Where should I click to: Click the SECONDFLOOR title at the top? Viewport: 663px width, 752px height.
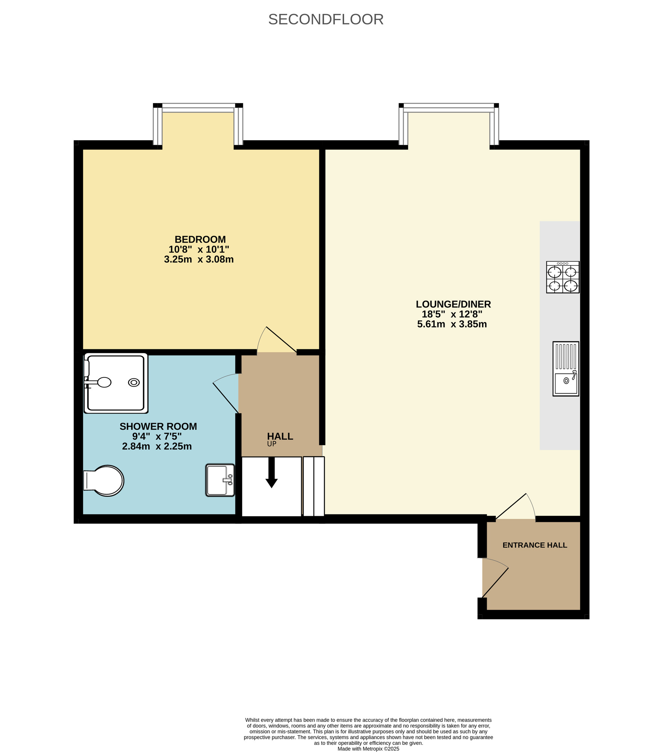(326, 20)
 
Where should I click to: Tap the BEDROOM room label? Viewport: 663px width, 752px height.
(200, 240)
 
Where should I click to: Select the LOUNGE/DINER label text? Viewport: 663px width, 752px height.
(453, 304)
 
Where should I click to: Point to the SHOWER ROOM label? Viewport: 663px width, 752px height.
(158, 426)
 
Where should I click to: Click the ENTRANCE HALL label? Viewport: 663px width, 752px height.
(534, 545)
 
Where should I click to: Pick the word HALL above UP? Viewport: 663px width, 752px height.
(280, 436)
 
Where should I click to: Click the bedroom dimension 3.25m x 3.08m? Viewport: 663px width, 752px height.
(199, 259)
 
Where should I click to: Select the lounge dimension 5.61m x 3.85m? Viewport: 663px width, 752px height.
(452, 324)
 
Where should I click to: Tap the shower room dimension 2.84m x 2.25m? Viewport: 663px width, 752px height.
(157, 446)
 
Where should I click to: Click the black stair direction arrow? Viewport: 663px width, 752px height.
(272, 473)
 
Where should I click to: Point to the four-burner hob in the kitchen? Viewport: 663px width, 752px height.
(563, 277)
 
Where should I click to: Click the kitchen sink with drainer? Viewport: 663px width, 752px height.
(566, 368)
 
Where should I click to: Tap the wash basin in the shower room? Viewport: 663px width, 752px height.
(220, 480)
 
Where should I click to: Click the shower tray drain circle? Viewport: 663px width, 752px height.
(134, 382)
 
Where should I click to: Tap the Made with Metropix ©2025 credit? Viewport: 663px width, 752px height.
(368, 749)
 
